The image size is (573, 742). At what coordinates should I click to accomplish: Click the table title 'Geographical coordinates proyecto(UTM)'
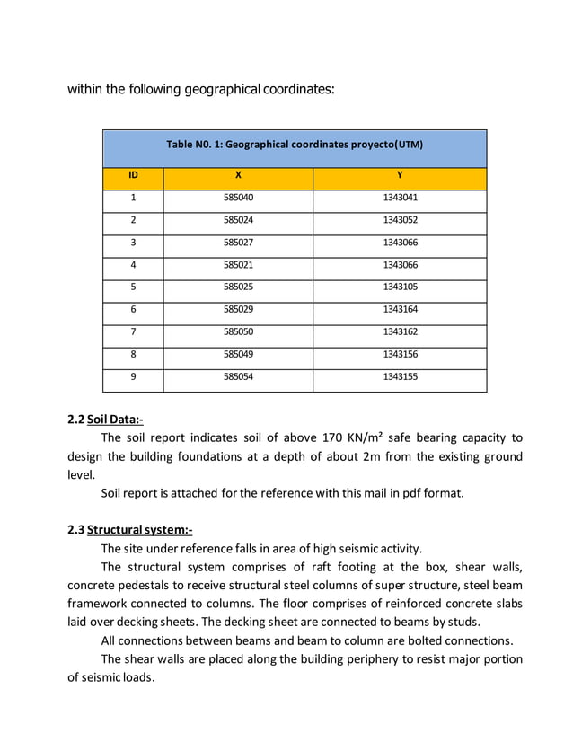pyautogui.click(x=295, y=144)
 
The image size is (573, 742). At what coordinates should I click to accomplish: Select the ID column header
pyautogui.click(x=133, y=174)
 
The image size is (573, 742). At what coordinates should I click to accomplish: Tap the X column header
pyautogui.click(x=238, y=174)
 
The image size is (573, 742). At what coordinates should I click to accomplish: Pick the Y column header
pyautogui.click(x=400, y=174)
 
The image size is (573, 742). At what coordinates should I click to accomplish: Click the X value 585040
pyautogui.click(x=238, y=198)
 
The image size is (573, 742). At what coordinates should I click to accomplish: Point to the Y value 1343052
pyautogui.click(x=400, y=220)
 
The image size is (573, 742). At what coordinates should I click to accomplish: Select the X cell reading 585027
pyautogui.click(x=238, y=243)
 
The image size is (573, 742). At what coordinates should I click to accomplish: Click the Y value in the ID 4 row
pyautogui.click(x=400, y=265)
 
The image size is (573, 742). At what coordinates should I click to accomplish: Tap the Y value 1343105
pyautogui.click(x=400, y=287)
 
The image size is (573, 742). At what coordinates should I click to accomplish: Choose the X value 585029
pyautogui.click(x=238, y=310)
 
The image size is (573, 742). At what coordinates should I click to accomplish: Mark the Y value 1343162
pyautogui.click(x=400, y=332)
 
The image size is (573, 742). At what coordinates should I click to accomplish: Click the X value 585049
pyautogui.click(x=238, y=355)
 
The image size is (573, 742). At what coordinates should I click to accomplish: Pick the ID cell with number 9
pyautogui.click(x=133, y=377)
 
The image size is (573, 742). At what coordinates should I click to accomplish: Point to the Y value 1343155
pyautogui.click(x=400, y=377)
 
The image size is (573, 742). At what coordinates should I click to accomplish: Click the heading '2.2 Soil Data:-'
pyautogui.click(x=106, y=420)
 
